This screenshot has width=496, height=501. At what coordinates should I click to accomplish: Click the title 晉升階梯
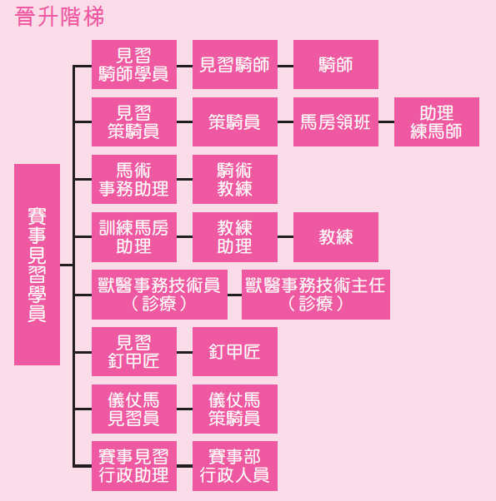[59, 17]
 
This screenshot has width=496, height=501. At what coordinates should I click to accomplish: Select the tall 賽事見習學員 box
[38, 265]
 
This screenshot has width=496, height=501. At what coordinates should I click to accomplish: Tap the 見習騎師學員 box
[134, 65]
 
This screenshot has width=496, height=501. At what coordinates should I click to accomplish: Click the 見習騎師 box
[235, 65]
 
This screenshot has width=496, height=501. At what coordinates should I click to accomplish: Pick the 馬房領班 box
[336, 122]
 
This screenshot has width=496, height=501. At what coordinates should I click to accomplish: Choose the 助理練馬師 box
[437, 122]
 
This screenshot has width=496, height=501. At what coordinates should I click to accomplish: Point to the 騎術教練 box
[235, 179]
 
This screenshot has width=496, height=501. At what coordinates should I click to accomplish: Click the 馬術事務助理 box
[134, 179]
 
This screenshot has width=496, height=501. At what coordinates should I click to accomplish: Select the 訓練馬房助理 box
[134, 237]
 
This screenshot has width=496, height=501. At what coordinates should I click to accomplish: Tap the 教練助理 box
[235, 237]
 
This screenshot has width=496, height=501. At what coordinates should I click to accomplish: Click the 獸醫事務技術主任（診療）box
[316, 295]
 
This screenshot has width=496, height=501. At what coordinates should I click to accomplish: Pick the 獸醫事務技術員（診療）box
[159, 295]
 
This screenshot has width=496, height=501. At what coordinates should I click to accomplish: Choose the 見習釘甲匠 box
[134, 351]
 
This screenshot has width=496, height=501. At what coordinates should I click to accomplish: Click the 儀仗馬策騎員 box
[235, 409]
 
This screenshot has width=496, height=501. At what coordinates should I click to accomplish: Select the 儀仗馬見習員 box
[134, 409]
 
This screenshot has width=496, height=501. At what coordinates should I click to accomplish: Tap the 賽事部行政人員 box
[235, 466]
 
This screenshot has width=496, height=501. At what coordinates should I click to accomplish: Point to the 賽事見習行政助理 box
[134, 466]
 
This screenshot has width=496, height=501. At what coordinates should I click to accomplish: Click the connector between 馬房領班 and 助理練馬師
[386, 122]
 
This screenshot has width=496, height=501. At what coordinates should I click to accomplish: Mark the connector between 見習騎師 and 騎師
[285, 66]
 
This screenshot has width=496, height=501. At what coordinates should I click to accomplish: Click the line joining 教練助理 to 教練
[285, 236]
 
